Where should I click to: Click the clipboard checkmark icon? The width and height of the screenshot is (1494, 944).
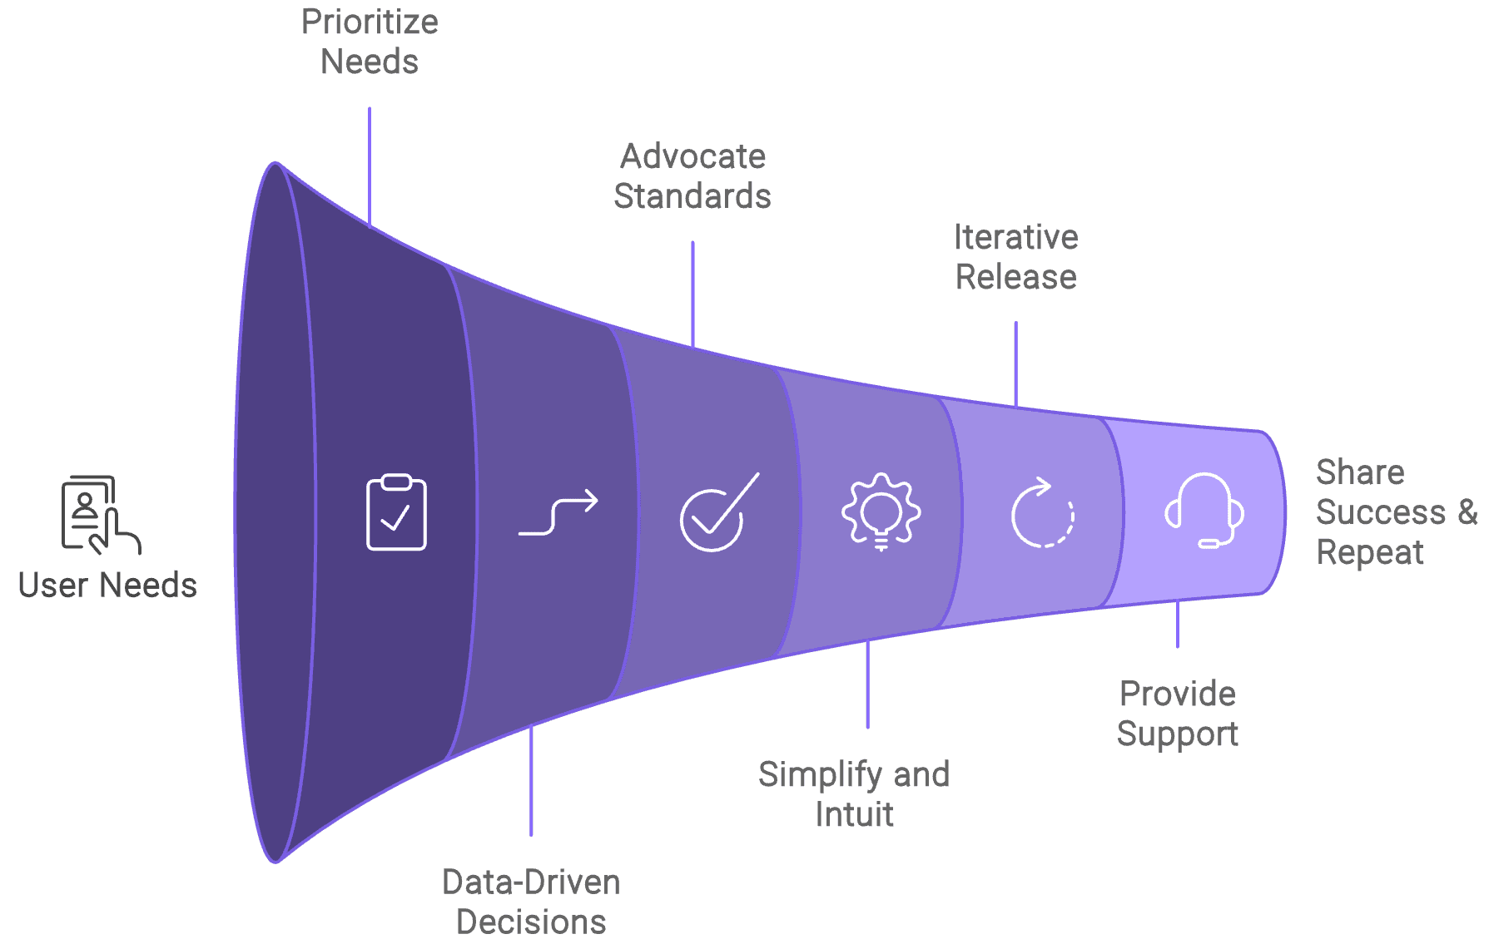[x=396, y=512]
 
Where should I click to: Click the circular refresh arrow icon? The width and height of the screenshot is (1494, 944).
[x=1042, y=512]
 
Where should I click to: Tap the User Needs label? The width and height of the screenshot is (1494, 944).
[x=107, y=586]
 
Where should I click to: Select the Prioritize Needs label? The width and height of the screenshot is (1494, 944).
[x=370, y=42]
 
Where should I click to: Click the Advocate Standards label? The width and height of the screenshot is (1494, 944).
[x=692, y=176]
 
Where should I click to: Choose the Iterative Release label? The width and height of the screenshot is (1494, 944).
[x=1016, y=257]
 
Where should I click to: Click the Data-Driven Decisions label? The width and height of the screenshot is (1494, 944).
[x=531, y=902]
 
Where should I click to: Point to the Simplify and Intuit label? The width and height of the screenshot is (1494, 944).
[x=854, y=794]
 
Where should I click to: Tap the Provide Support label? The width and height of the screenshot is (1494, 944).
[x=1178, y=714]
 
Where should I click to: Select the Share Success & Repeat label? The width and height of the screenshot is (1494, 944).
[x=1395, y=512]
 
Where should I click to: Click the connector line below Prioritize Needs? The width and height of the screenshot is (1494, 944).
[x=370, y=166]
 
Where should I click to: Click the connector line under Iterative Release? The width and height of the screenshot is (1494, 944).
[x=1015, y=364]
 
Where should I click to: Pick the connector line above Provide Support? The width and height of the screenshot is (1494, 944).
[x=1178, y=624]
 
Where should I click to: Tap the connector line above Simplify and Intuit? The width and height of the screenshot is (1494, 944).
[x=868, y=684]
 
